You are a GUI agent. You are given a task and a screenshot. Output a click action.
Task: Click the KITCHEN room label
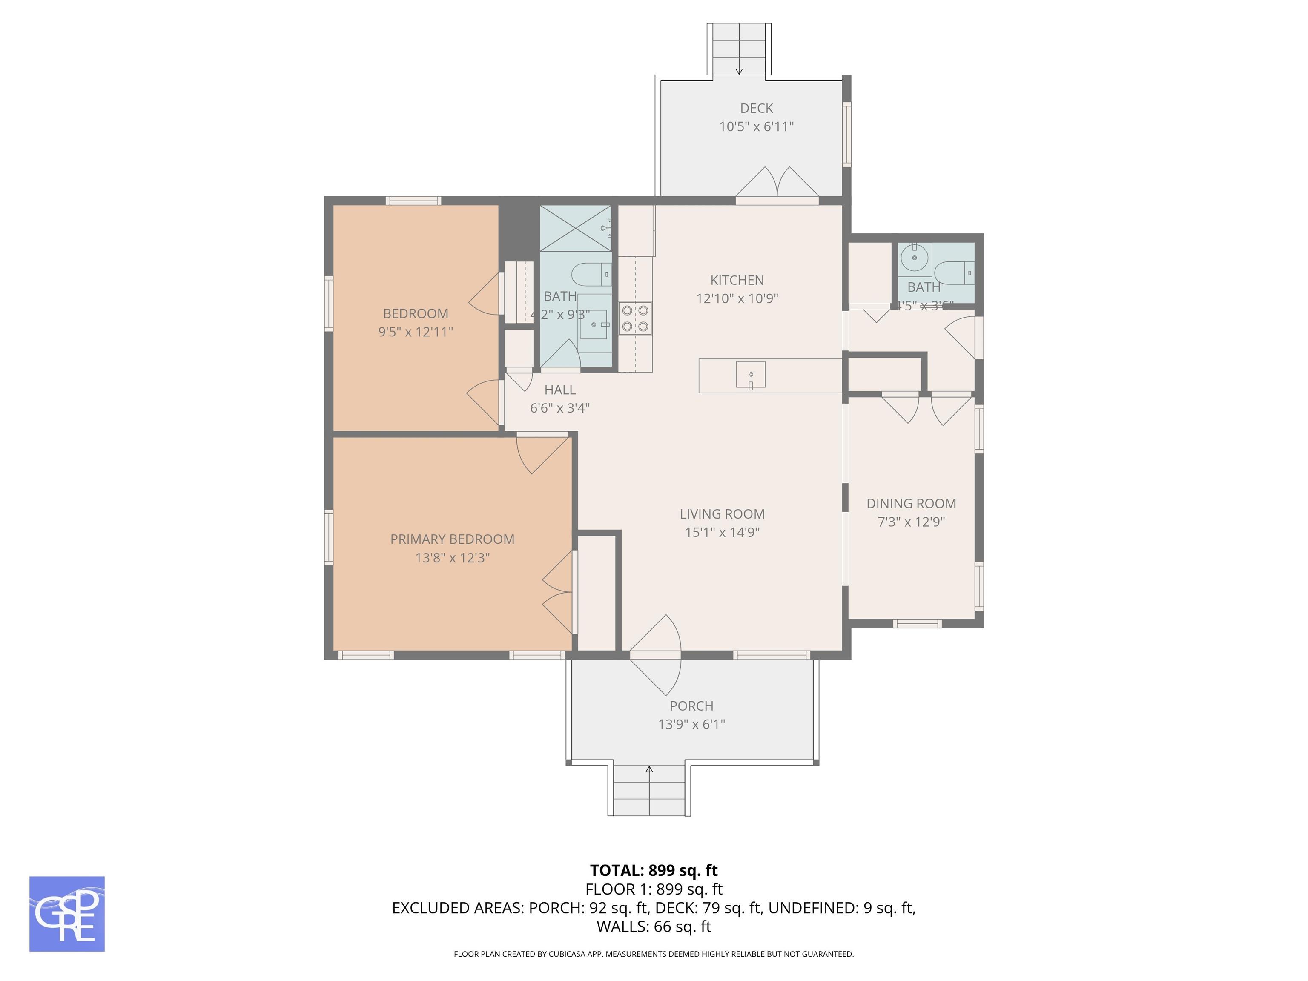(737, 280)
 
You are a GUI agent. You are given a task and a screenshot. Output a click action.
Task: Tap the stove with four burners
(635, 319)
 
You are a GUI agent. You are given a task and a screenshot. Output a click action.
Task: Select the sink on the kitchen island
(750, 375)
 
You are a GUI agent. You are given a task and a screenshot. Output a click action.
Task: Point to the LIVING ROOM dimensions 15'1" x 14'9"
(722, 532)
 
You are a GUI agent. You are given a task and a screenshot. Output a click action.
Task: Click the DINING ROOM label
(911, 504)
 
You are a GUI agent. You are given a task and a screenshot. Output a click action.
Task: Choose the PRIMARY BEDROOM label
(452, 539)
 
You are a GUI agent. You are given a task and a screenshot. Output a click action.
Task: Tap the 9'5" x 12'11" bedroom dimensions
(415, 332)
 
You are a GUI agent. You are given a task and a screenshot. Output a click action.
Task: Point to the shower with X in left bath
(575, 228)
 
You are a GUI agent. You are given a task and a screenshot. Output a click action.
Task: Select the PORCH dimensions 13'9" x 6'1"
(691, 724)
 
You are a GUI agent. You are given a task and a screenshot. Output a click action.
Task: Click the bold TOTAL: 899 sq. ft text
(654, 870)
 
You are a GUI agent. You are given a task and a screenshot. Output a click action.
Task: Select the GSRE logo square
(67, 914)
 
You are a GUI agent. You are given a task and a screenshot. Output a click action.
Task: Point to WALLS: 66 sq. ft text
(654, 926)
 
